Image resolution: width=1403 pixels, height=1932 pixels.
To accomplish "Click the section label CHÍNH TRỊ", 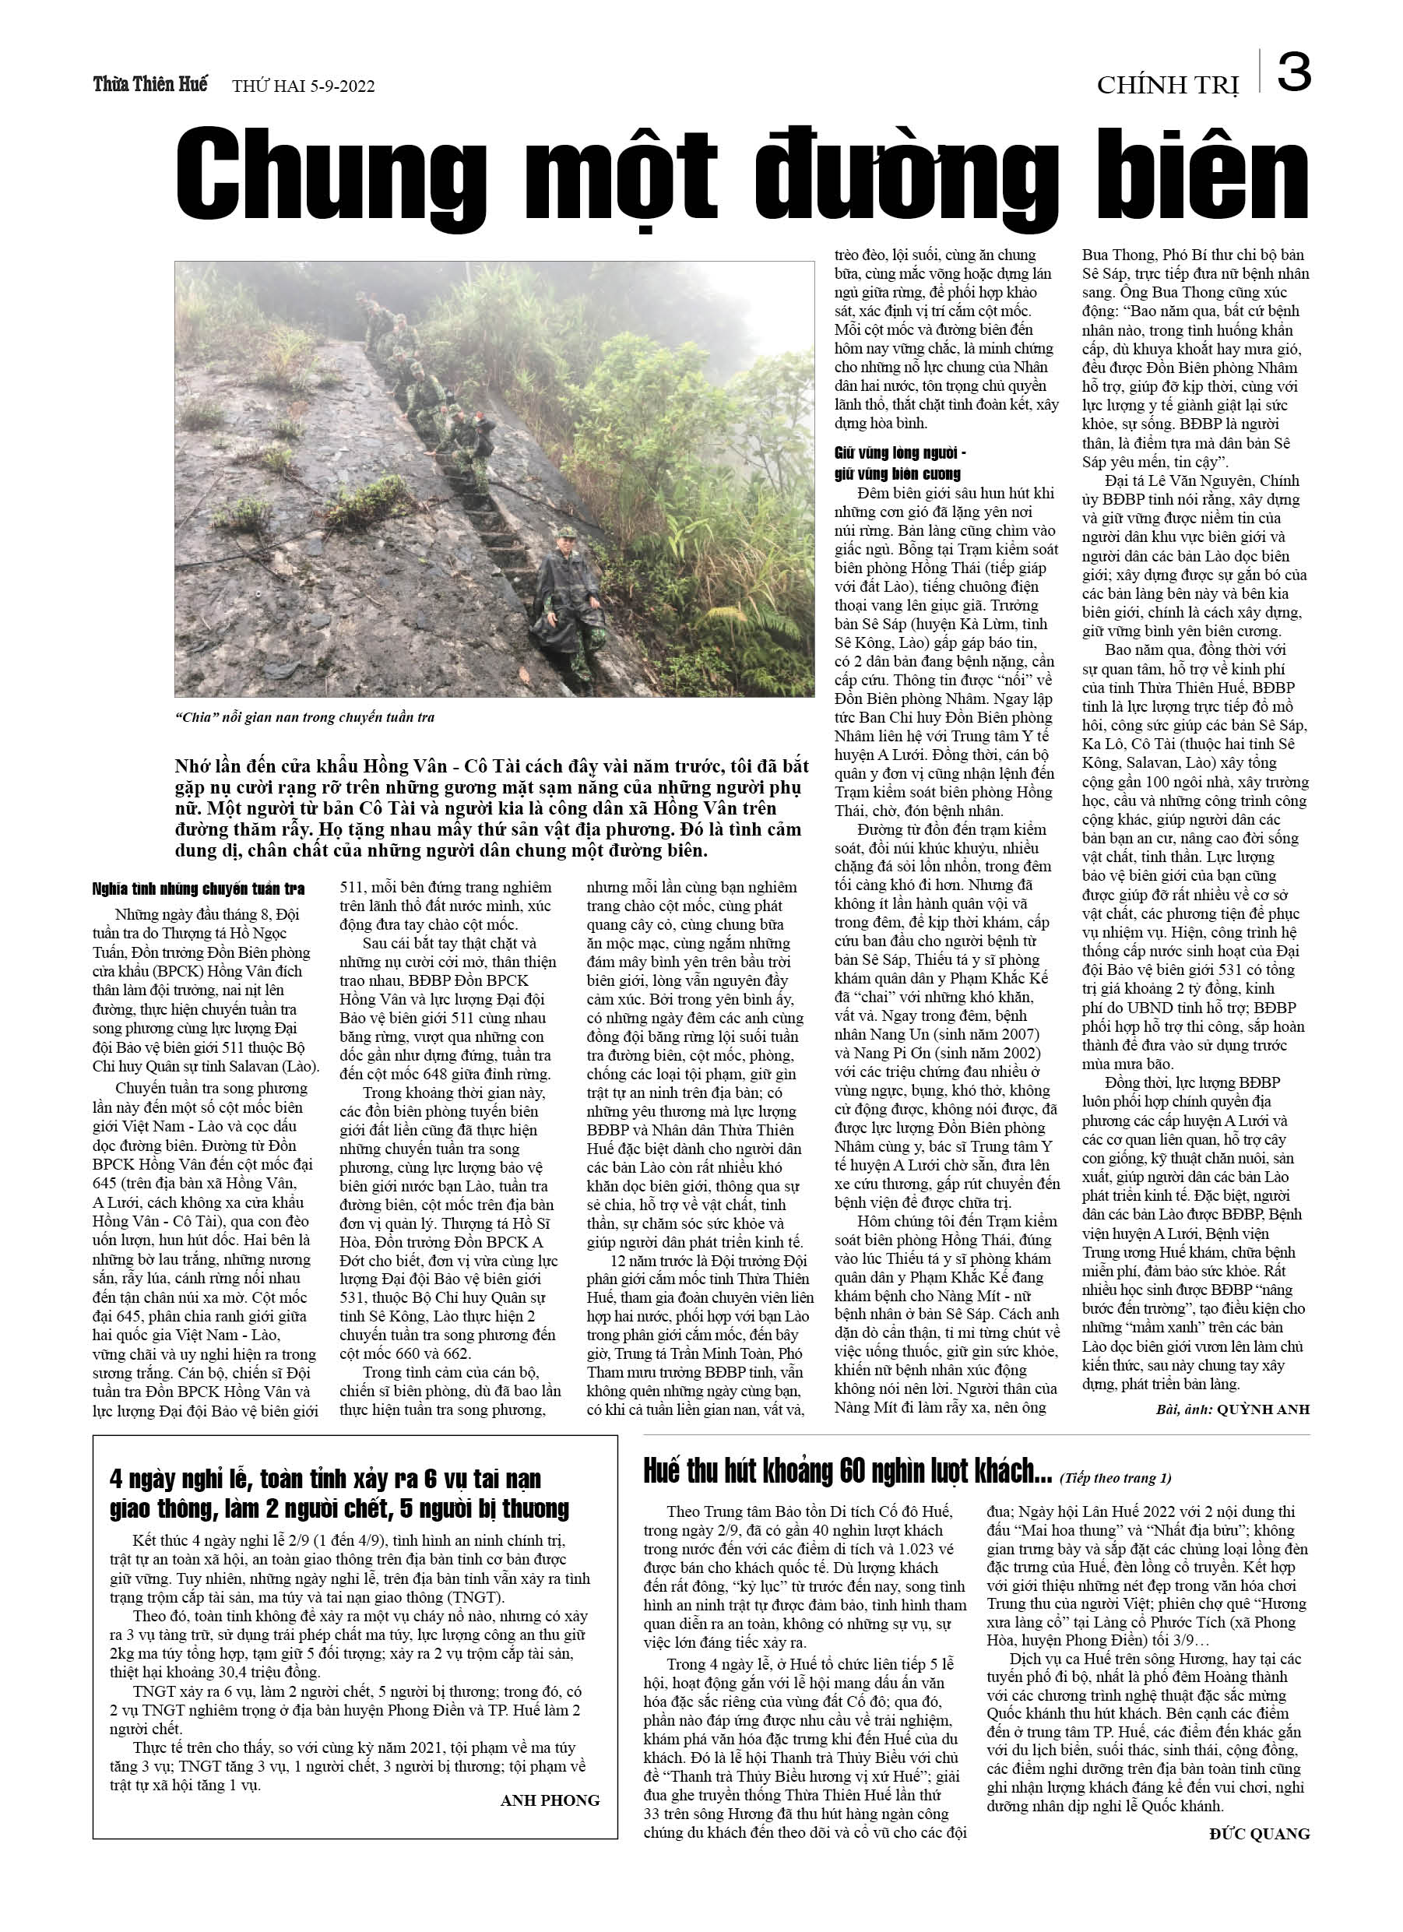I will (x=1166, y=85).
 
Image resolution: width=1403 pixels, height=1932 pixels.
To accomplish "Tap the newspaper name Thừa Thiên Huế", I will (x=150, y=84).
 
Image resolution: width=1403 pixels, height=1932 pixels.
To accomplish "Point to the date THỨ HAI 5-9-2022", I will (x=304, y=86).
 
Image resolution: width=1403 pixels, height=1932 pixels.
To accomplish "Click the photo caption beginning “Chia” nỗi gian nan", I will (x=305, y=717).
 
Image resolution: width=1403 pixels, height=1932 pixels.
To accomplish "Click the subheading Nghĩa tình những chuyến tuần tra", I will (x=198, y=889).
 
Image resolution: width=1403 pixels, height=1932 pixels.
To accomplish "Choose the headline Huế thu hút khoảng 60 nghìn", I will (x=849, y=1471).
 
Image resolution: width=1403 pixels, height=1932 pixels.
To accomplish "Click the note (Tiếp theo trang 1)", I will (x=1116, y=1478).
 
